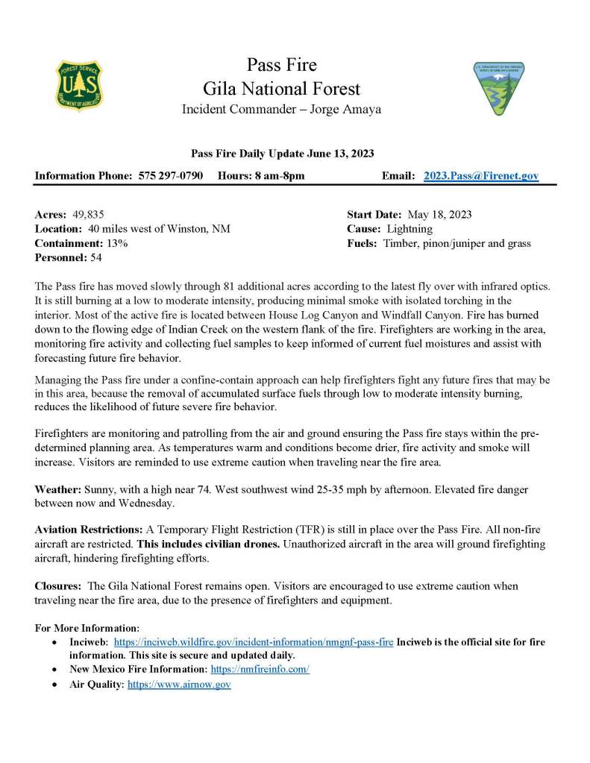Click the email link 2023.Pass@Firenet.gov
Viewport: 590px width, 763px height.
[481, 175]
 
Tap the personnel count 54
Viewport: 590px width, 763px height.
[95, 258]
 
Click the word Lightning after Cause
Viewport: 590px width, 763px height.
[409, 229]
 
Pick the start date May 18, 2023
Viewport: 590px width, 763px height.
[439, 214]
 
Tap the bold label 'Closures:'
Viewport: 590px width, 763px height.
[59, 586]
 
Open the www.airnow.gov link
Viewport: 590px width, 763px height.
[179, 684]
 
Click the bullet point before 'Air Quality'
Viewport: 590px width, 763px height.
[53, 684]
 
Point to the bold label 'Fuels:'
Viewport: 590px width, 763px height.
[363, 243]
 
